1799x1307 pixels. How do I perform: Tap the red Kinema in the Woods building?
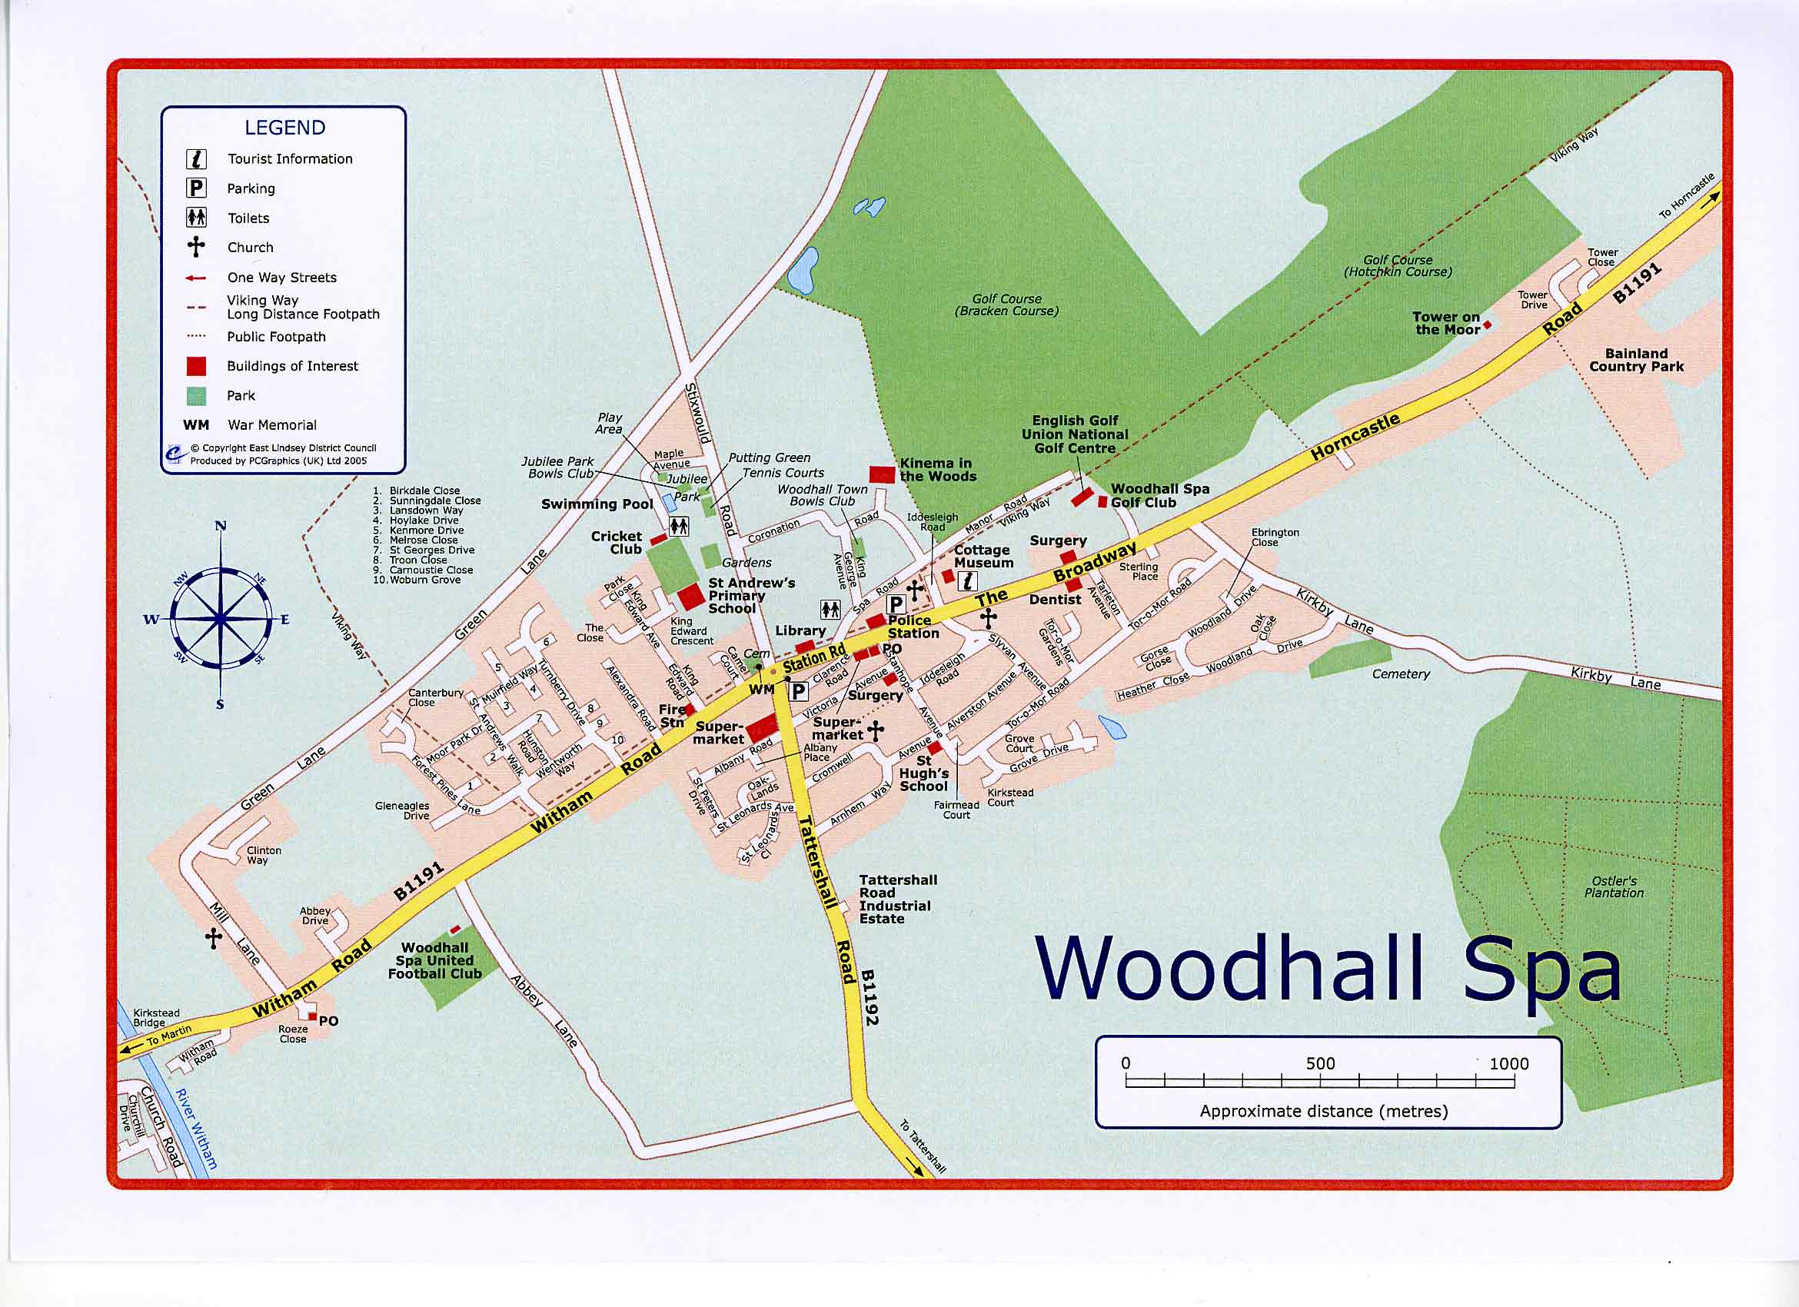point(882,474)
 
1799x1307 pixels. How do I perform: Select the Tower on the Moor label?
point(1446,323)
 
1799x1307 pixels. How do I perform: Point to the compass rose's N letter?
point(221,526)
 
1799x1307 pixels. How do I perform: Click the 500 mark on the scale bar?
point(1321,1063)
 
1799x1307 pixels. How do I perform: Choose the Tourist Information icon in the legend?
point(196,159)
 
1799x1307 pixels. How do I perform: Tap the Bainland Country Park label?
point(1635,360)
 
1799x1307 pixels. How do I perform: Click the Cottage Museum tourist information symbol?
point(967,581)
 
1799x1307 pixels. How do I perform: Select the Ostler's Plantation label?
point(1614,886)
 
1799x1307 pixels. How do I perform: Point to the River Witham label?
point(195,1129)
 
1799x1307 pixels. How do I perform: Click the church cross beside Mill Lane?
point(214,939)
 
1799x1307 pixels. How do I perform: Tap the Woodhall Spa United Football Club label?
point(434,960)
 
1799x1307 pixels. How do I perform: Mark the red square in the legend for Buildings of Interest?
point(196,366)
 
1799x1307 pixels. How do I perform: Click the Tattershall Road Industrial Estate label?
point(897,900)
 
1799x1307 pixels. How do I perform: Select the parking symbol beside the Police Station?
point(896,604)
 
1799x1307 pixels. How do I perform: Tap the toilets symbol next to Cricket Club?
point(679,526)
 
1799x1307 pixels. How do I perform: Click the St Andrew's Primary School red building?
point(690,596)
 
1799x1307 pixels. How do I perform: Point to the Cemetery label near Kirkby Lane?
point(1401,674)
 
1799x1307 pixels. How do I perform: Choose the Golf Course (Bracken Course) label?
point(1006,304)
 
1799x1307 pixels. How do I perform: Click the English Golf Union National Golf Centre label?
point(1074,434)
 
